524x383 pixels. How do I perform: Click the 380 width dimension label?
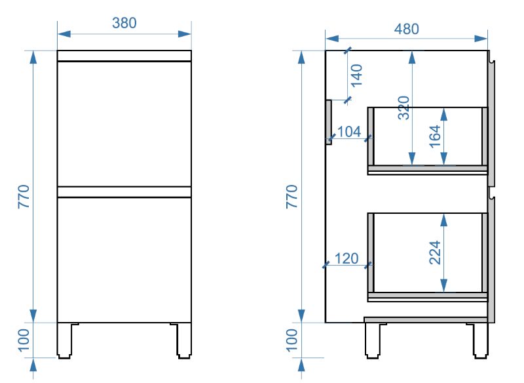[124, 23]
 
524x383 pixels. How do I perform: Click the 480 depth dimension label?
[406, 29]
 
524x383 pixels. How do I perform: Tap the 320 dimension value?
[403, 108]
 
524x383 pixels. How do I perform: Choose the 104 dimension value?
[349, 132]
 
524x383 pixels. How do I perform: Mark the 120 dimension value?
[347, 258]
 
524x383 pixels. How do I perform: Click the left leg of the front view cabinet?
[65, 340]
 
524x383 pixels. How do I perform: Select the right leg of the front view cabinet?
[183, 340]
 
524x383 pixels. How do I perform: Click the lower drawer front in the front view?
[124, 259]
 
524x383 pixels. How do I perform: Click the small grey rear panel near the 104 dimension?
[330, 121]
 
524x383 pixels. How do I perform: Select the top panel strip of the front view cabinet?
[124, 56]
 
